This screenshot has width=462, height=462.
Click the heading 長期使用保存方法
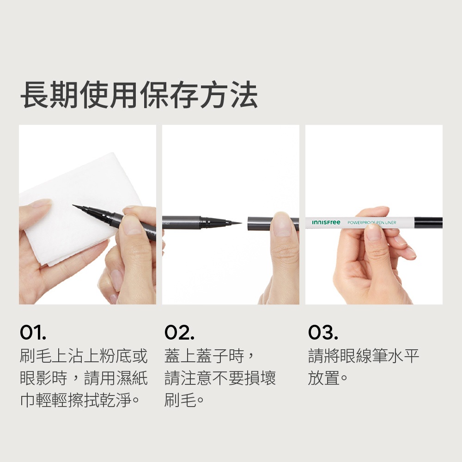tap(139, 95)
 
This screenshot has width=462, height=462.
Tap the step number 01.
tap(33, 332)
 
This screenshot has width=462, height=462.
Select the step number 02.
tap(179, 332)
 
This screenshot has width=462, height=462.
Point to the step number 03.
tap(323, 332)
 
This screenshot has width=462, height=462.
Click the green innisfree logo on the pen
tap(326, 222)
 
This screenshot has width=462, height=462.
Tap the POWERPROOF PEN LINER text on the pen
tap(372, 223)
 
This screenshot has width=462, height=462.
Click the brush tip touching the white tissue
tap(77, 207)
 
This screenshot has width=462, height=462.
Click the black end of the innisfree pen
tap(428, 223)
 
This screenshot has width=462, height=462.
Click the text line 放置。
tap(328, 378)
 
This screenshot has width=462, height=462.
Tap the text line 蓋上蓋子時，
tap(209, 356)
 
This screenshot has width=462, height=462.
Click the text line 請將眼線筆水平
tap(363, 356)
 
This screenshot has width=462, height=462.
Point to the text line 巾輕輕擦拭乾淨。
tap(79, 400)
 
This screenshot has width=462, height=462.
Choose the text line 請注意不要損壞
tap(220, 378)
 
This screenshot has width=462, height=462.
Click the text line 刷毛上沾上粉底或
tap(84, 356)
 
